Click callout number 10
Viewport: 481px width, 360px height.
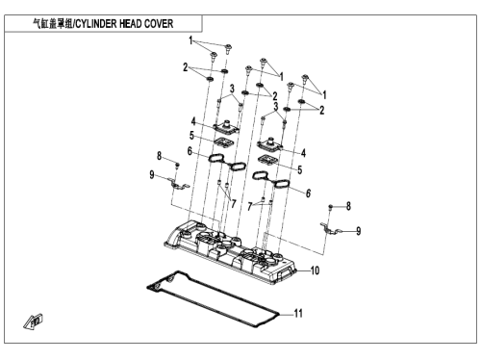[315, 270]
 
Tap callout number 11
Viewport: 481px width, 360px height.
[298, 313]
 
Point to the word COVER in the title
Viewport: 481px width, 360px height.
[159, 24]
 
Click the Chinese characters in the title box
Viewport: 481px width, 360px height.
[53, 24]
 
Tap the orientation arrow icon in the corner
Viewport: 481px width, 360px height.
[34, 321]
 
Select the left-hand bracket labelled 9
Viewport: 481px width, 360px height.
[179, 184]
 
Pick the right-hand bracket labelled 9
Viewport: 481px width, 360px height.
[330, 228]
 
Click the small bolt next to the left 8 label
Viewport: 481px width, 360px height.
[177, 165]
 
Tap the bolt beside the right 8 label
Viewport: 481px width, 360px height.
[331, 207]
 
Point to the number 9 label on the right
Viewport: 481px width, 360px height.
[359, 231]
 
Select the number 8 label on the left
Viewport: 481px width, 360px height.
[159, 156]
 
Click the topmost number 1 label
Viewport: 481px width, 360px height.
[190, 40]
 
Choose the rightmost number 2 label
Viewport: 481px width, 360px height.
[322, 111]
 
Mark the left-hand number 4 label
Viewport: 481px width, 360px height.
[193, 121]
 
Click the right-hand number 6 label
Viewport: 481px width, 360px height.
[308, 193]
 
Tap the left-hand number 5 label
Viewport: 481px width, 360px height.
[191, 136]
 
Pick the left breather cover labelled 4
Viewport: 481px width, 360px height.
[227, 127]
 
